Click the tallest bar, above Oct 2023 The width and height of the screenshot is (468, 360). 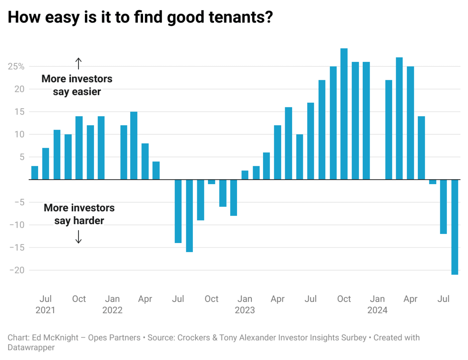point(344,114)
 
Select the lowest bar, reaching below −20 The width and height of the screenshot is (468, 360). point(455,227)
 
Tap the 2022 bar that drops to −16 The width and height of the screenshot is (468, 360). point(189,216)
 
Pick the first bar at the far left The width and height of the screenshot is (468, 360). point(35,173)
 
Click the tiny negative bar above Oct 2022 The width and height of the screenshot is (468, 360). point(212,182)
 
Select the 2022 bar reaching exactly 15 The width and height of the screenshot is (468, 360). point(134,145)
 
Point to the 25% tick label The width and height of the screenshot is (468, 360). point(16,67)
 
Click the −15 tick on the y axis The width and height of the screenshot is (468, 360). point(17,248)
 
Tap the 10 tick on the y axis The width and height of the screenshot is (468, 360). point(19,134)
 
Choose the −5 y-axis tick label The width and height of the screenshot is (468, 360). point(19,202)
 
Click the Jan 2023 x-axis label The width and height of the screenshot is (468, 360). point(245,304)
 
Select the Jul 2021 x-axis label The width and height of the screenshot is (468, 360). point(45,304)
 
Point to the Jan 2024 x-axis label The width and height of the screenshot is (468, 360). point(377,304)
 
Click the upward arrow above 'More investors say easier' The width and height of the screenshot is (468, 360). point(79,63)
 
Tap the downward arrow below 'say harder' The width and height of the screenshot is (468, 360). point(79,237)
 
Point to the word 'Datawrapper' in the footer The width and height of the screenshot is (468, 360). point(31,348)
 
